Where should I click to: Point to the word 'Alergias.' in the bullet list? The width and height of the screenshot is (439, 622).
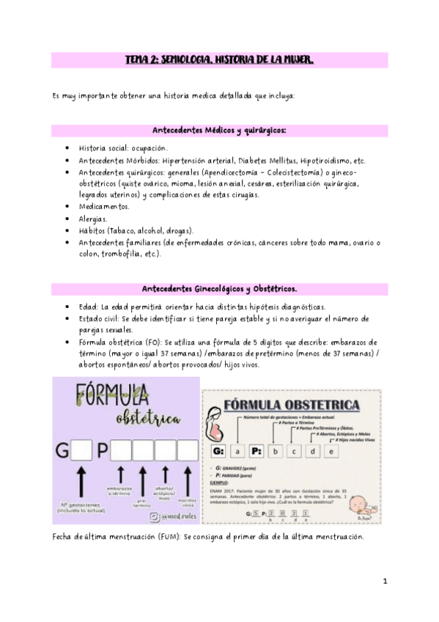93,219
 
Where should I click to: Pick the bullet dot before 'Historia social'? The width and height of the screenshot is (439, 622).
68,148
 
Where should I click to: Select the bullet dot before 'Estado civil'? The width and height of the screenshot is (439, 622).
68,318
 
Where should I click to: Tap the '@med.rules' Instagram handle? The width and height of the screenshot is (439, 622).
168,517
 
